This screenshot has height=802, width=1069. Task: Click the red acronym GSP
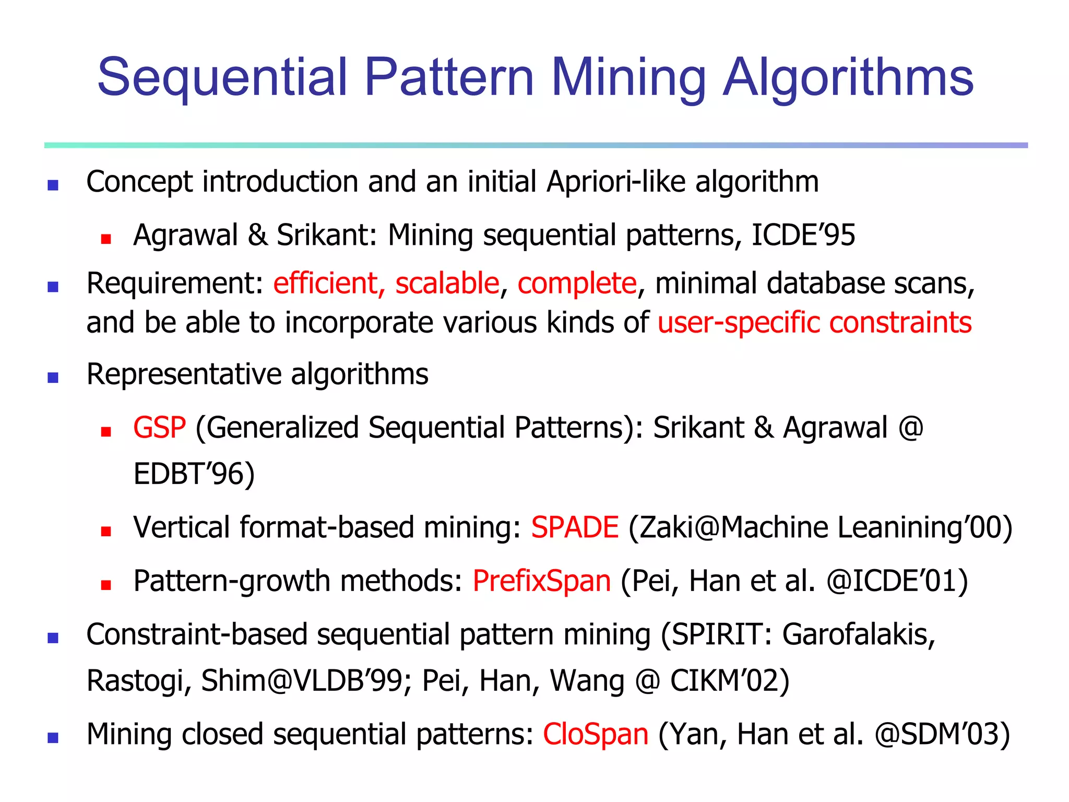point(159,428)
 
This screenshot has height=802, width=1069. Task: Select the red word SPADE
point(575,527)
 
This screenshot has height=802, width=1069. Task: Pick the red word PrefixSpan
point(541,581)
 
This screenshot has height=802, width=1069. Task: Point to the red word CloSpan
point(596,734)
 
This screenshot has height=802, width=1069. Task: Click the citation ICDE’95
point(803,235)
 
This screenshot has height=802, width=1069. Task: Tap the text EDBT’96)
point(194,474)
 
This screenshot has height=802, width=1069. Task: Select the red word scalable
point(447,284)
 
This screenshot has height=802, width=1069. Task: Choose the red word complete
point(577,284)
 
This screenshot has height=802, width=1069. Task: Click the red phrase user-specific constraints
point(814,323)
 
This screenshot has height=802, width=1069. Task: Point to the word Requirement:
point(175,284)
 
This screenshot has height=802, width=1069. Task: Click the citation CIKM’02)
point(730,681)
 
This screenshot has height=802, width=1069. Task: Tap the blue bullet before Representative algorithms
point(53,377)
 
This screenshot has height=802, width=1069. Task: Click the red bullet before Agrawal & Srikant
point(106,239)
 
